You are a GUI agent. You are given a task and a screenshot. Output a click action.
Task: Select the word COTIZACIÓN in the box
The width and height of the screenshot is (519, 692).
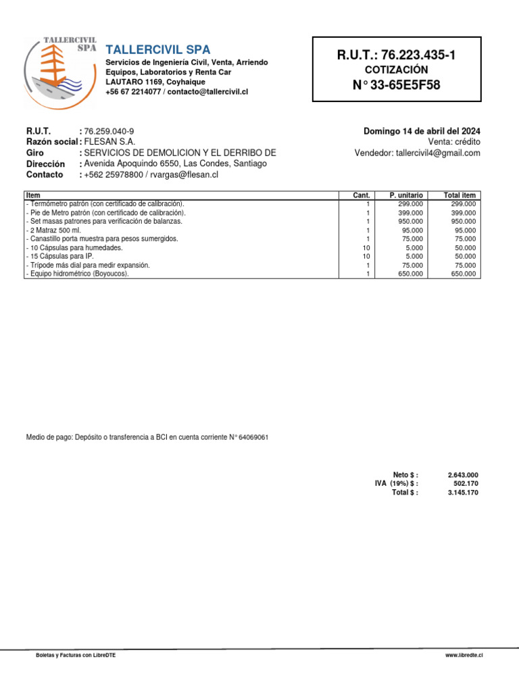coord(396,70)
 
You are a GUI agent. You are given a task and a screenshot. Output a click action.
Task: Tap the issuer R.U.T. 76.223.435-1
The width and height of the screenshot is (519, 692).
coord(396,55)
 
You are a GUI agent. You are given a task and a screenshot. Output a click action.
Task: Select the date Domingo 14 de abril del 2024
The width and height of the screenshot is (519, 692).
coord(422,131)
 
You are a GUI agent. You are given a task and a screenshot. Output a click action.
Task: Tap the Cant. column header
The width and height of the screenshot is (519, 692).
coord(362,195)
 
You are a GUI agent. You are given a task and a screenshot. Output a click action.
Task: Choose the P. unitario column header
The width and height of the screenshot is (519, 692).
coord(406,195)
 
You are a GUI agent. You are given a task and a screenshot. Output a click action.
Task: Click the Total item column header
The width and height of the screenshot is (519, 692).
coord(460,195)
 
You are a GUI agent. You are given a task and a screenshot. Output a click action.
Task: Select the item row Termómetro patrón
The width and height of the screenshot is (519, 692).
coord(105,203)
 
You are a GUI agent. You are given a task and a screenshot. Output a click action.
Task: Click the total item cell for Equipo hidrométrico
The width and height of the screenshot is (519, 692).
coord(463,274)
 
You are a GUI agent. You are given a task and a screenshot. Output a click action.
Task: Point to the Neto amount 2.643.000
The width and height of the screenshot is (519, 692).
coord(463,475)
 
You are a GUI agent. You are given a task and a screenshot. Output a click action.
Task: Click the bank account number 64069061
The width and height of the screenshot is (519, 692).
coord(253,437)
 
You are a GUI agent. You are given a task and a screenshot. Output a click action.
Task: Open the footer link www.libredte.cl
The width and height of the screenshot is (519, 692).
coord(464,656)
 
